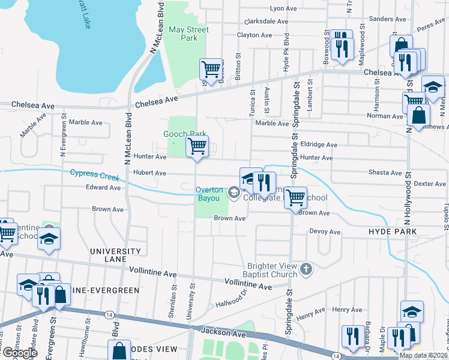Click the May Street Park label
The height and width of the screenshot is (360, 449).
(188, 34)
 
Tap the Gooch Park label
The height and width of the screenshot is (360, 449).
(185, 134)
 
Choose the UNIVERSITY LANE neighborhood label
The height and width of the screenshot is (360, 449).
(115, 256)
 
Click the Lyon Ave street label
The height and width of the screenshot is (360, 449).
(283, 8)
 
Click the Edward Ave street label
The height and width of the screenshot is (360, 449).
(103, 187)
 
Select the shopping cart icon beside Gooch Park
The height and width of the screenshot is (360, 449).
(197, 146)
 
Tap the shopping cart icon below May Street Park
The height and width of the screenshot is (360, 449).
(211, 70)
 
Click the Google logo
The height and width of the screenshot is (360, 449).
(19, 353)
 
